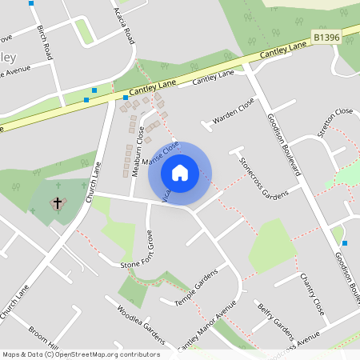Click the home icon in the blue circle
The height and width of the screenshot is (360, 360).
180,172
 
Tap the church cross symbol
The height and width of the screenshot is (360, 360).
58,204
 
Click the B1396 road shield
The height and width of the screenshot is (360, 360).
326,38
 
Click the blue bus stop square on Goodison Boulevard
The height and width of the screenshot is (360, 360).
345,242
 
